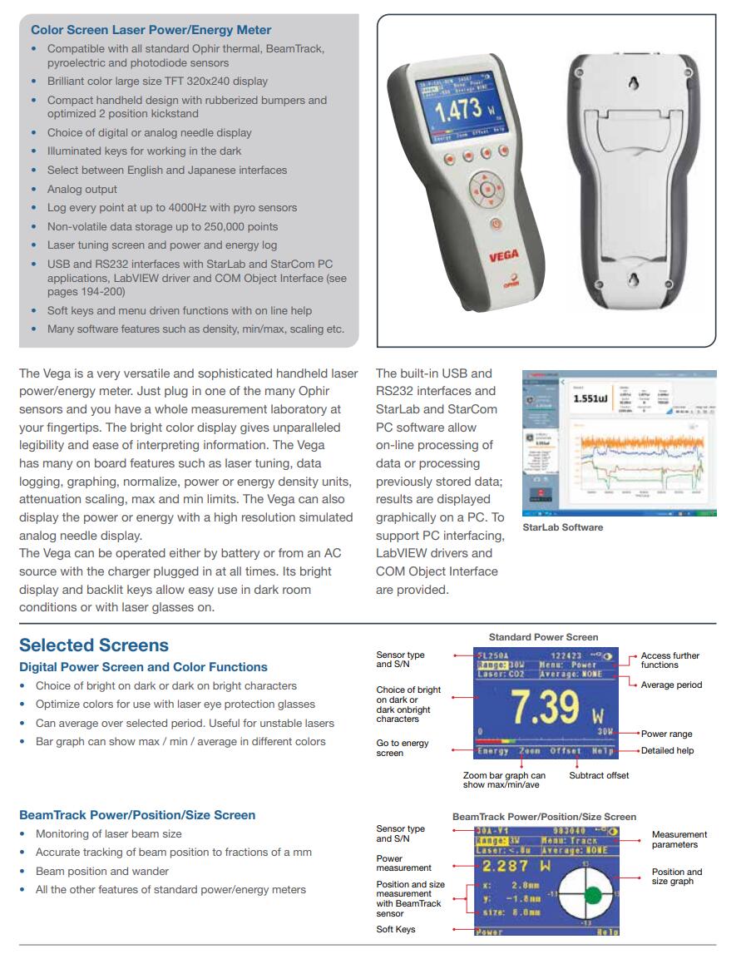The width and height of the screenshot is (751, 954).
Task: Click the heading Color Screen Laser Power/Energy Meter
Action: point(151,30)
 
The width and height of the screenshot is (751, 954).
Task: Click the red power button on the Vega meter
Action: point(495,223)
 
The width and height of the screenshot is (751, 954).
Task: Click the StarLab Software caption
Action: point(562,527)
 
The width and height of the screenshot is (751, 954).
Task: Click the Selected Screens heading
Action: point(94,645)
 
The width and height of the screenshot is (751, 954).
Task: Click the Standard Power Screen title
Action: point(543,637)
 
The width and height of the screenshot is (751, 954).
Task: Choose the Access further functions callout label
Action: point(669,660)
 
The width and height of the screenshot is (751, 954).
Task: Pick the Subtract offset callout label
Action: point(599,775)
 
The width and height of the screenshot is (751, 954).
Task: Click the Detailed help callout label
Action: point(667,750)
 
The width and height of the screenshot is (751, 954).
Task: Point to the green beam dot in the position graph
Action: point(593,895)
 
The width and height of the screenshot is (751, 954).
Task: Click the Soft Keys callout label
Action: point(396,929)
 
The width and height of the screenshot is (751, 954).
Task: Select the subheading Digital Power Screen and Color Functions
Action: point(143,667)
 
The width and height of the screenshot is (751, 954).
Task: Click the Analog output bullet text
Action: point(82,189)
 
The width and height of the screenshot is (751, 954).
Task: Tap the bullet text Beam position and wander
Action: point(101,871)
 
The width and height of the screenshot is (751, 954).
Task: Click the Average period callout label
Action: point(671,685)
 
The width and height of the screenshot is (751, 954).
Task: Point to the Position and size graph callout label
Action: point(676,877)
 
